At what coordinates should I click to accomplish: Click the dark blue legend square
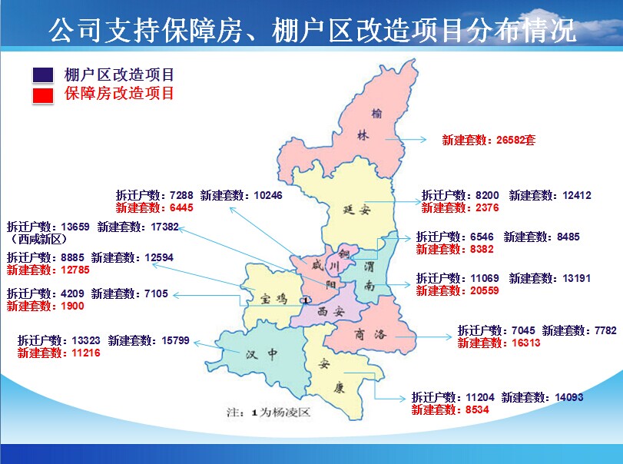[43, 75]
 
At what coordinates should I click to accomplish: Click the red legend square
[43, 95]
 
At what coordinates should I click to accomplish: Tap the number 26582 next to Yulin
[510, 140]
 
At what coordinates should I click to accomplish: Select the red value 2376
[487, 207]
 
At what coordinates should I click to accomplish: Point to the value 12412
[576, 195]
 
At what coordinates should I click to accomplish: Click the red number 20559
[484, 290]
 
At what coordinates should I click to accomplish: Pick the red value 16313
[526, 343]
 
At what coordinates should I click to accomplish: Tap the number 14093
[569, 397]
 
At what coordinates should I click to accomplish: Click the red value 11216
[86, 353]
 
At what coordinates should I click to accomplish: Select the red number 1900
[72, 306]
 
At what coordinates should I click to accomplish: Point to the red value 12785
[75, 270]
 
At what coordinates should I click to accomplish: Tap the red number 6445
[181, 207]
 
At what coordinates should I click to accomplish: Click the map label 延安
[356, 210]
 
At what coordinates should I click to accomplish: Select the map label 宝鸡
[273, 298]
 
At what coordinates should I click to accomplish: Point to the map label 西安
[330, 312]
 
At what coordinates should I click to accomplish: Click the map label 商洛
[370, 334]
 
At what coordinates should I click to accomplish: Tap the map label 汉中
[262, 353]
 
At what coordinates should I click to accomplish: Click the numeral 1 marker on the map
[306, 300]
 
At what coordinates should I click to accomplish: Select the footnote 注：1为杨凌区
[268, 413]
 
